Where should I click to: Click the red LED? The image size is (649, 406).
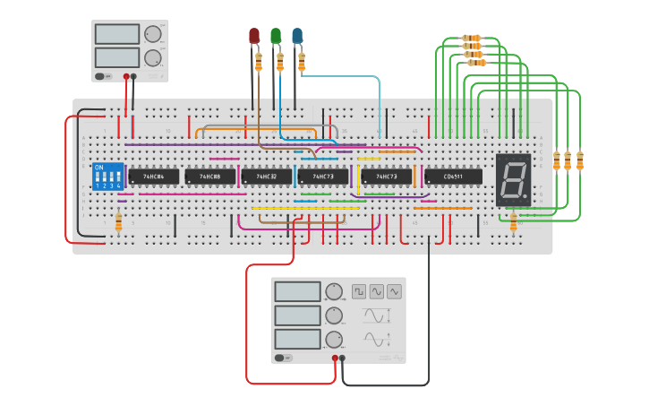(x=253, y=36)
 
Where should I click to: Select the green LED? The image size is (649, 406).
(x=276, y=36)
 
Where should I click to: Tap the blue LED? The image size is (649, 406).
(x=297, y=36)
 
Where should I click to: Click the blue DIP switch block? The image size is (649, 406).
(x=107, y=176)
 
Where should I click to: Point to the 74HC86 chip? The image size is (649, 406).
(x=153, y=177)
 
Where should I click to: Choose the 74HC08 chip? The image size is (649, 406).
(x=210, y=177)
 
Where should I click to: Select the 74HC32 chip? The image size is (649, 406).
(x=267, y=177)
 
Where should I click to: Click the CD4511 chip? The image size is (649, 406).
(x=453, y=177)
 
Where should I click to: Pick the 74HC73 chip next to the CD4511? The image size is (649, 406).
(x=387, y=177)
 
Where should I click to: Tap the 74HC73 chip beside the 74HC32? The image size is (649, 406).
(x=323, y=177)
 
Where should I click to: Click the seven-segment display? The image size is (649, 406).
(x=513, y=179)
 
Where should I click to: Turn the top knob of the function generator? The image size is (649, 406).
(x=334, y=291)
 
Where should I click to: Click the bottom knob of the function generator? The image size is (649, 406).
(x=334, y=340)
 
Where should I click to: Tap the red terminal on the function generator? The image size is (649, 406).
(x=335, y=358)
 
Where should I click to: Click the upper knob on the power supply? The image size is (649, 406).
(x=153, y=34)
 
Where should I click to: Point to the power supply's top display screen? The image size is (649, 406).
(x=117, y=34)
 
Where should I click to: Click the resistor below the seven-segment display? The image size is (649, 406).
(x=513, y=220)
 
